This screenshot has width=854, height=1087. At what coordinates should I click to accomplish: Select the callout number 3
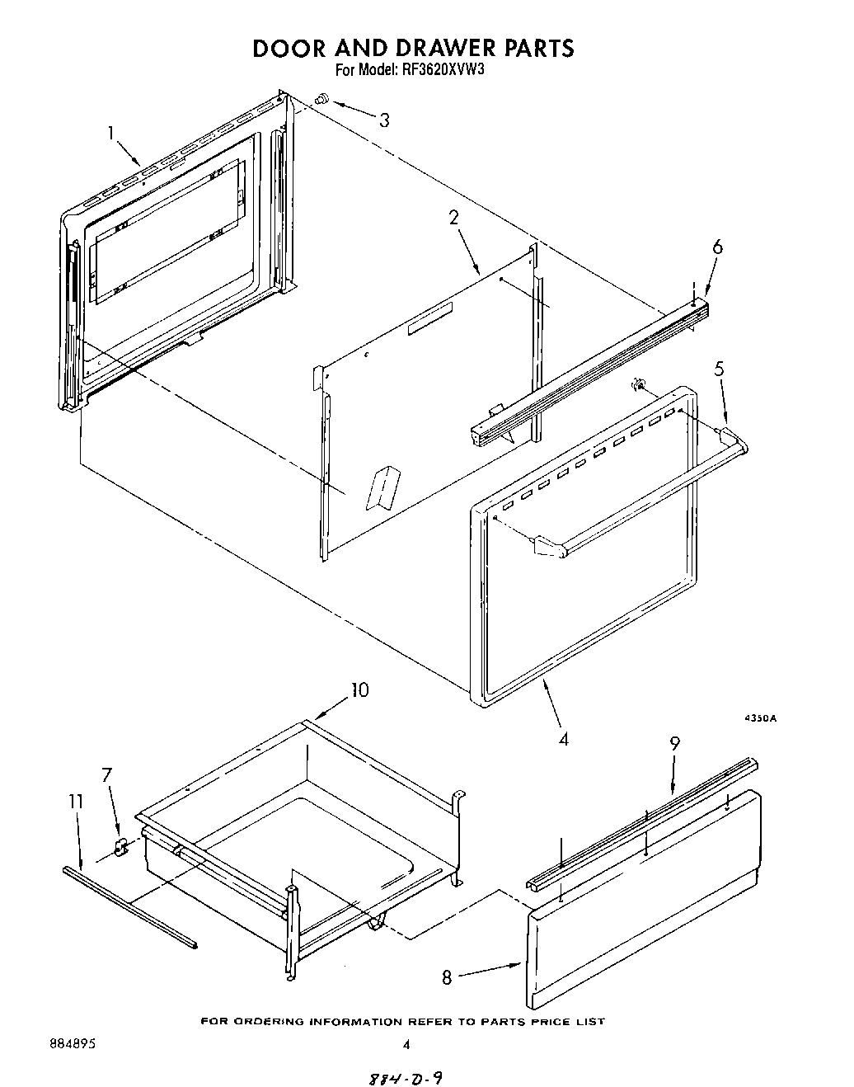384,120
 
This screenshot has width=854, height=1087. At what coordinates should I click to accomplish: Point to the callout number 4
563,739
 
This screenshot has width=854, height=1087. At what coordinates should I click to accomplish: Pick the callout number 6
717,247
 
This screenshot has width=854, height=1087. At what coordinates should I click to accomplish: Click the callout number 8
447,977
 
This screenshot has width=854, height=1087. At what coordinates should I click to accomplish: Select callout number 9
674,743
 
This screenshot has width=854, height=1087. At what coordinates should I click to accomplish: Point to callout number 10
360,689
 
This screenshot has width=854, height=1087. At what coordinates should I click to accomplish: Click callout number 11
76,800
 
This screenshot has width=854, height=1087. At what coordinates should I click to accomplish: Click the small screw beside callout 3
322,99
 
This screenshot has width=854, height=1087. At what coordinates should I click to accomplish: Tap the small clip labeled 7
121,846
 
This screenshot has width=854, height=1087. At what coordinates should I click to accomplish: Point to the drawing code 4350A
760,718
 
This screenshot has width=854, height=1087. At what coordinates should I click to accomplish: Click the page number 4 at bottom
406,1044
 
